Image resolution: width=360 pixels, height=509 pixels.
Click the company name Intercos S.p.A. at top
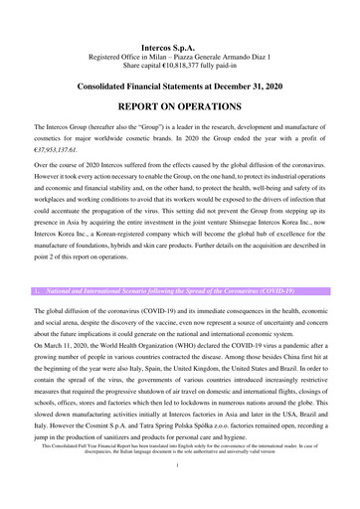click(179, 46)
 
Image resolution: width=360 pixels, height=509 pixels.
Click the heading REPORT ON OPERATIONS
click(179, 105)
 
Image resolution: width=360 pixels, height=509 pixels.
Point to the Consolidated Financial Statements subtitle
click(179, 86)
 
